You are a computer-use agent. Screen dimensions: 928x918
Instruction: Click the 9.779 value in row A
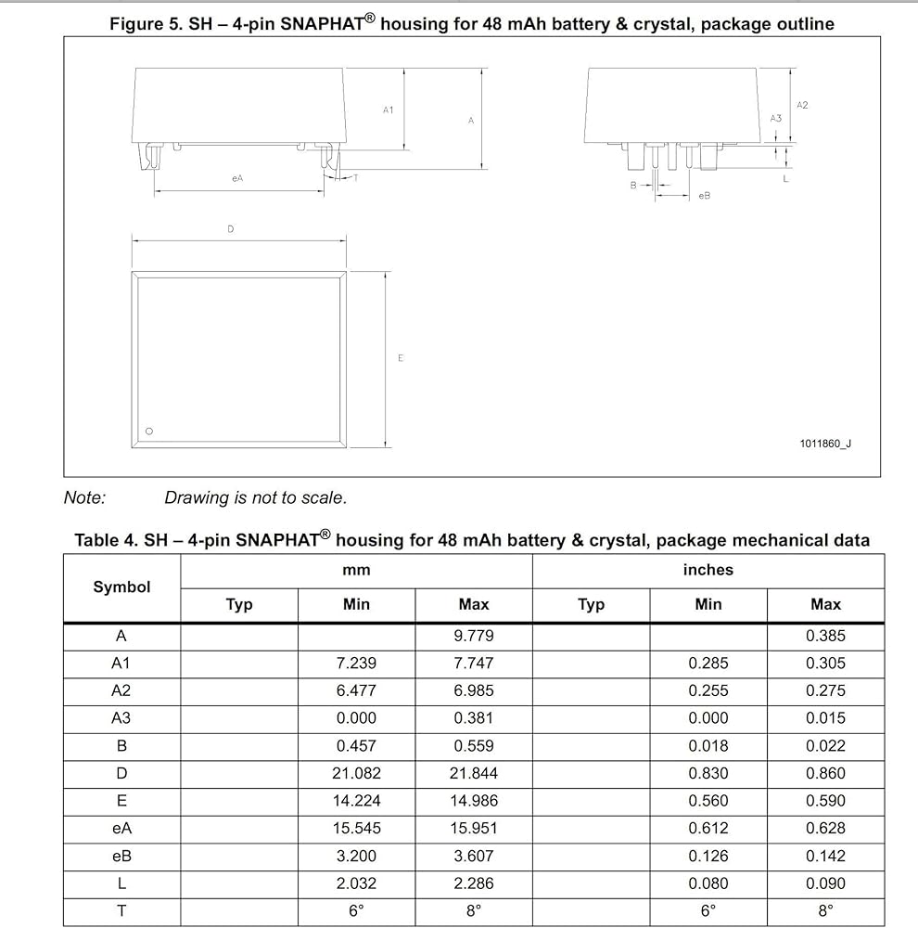pos(474,636)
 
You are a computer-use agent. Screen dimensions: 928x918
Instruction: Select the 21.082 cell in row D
pos(356,773)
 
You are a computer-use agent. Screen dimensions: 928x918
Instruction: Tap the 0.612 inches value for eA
pos(708,828)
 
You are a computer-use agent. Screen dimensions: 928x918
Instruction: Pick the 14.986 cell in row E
pos(474,801)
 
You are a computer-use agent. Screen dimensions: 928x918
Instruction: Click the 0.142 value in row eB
pos(825,856)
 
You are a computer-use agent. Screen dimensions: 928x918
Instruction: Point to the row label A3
pos(121,718)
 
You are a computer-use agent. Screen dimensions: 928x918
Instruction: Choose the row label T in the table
pos(121,910)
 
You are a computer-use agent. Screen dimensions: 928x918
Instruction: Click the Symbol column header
pos(121,587)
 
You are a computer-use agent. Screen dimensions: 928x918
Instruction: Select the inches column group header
pos(708,570)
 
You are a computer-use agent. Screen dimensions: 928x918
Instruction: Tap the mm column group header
pos(356,570)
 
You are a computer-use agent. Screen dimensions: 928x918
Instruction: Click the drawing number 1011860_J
pos(825,444)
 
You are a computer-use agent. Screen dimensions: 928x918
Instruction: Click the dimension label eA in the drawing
pos(237,178)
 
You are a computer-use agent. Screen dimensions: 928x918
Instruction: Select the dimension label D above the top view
pos(231,229)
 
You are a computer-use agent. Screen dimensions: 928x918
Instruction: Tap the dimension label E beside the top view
pos(401,358)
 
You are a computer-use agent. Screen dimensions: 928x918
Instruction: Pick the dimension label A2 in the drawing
pos(802,106)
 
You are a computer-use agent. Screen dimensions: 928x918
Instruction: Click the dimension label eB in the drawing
pos(705,196)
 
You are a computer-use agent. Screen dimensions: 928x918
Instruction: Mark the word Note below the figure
pos(84,497)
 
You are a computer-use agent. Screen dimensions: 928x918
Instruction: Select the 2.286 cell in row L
pos(474,883)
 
